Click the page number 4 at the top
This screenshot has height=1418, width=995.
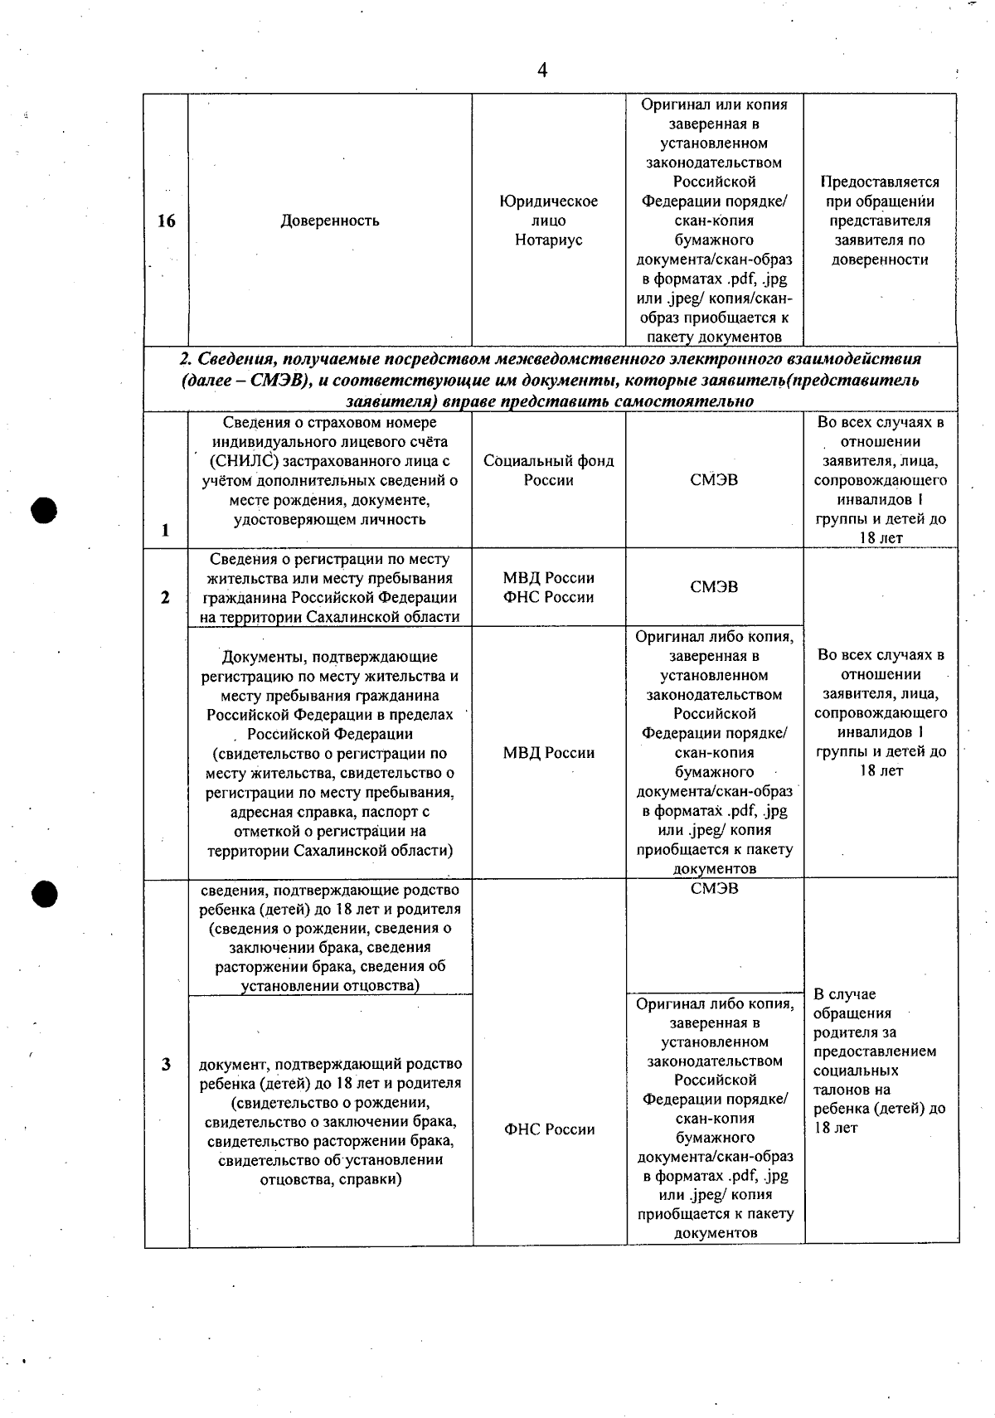click(542, 70)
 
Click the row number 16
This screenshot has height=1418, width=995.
click(166, 221)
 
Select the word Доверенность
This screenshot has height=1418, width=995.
click(330, 221)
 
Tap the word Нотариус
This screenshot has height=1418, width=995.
click(548, 240)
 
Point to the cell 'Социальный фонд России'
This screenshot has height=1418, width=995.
click(548, 471)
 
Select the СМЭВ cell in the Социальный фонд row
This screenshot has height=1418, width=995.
click(714, 480)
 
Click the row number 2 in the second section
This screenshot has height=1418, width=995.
click(166, 597)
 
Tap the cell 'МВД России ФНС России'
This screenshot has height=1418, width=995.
click(548, 587)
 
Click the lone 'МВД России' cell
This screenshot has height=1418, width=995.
click(548, 753)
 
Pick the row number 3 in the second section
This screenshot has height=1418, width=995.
click(166, 1064)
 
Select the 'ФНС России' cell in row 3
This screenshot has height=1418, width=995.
click(549, 1129)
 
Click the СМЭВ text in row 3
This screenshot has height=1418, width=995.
click(714, 889)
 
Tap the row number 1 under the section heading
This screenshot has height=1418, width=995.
click(166, 531)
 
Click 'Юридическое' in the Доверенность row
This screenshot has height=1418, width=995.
click(548, 202)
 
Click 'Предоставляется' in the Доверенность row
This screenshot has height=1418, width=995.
click(879, 182)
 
